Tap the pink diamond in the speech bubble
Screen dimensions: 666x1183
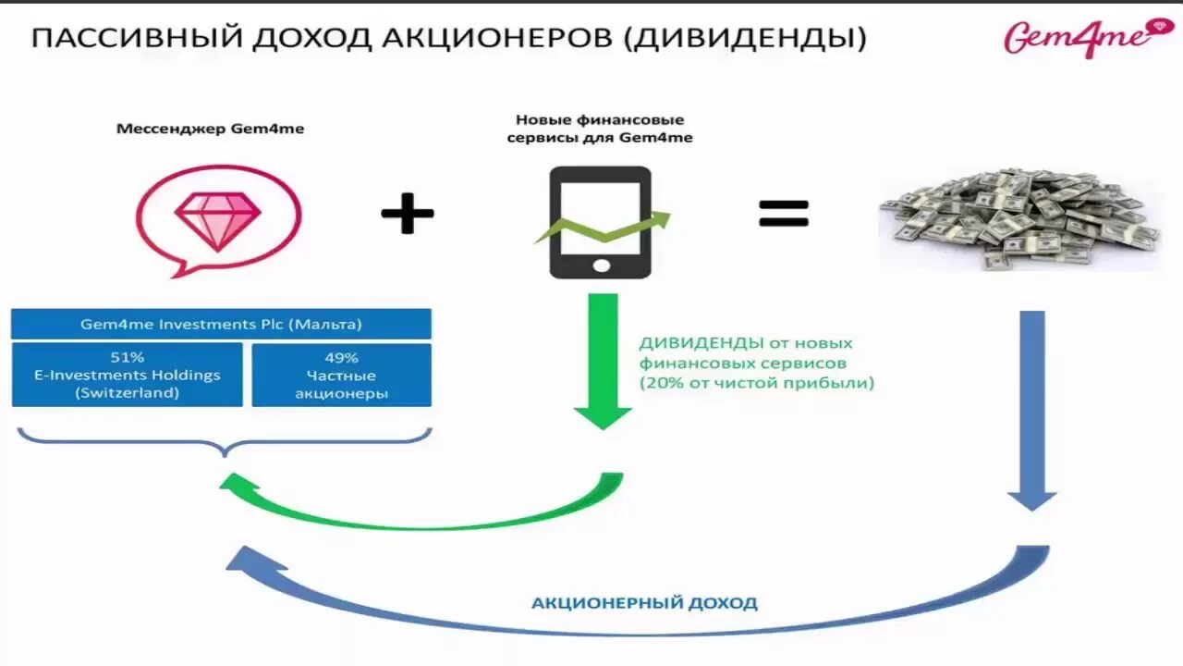click(218, 221)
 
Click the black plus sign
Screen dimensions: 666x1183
click(408, 215)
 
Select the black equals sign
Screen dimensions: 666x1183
click(784, 214)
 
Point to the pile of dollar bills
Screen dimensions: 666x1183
click(1018, 219)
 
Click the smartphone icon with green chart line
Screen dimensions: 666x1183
click(601, 222)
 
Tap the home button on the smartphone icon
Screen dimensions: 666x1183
click(601, 265)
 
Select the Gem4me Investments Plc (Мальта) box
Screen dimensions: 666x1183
click(221, 325)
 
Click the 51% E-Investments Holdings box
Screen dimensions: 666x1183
click(128, 375)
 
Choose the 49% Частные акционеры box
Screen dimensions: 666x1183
click(341, 375)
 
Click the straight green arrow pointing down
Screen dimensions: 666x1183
click(603, 361)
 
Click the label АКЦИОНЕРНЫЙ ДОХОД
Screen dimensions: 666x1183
click(644, 603)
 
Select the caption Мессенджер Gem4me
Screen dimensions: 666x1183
click(210, 129)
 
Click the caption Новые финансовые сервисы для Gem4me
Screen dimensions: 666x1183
click(600, 129)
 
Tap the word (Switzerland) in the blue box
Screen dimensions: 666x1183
click(128, 393)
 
